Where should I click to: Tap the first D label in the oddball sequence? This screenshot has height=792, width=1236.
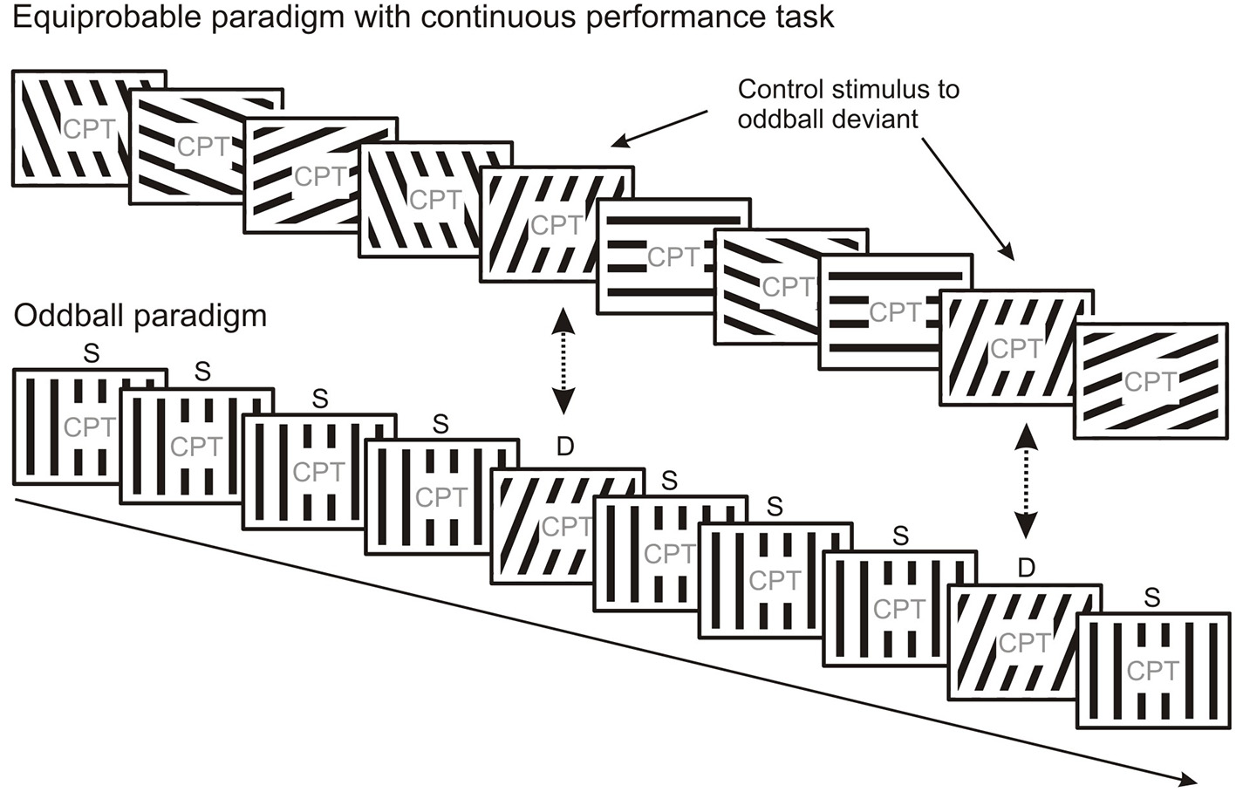pyautogui.click(x=565, y=447)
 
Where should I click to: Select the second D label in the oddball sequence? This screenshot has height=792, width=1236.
pyautogui.click(x=1027, y=569)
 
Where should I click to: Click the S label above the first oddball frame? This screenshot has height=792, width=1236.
pyautogui.click(x=91, y=353)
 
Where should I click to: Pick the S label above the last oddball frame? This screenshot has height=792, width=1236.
pyautogui.click(x=1152, y=597)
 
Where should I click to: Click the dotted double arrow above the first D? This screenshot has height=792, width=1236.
pyautogui.click(x=563, y=360)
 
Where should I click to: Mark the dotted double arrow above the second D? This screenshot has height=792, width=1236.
pyautogui.click(x=1027, y=481)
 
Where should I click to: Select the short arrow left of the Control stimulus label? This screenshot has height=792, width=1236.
pyautogui.click(x=659, y=127)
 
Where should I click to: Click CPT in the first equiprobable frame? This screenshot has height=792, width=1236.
pyautogui.click(x=89, y=129)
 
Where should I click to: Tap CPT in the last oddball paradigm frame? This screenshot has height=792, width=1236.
pyautogui.click(x=1152, y=671)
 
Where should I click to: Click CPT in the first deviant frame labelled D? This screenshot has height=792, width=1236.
pyautogui.click(x=566, y=526)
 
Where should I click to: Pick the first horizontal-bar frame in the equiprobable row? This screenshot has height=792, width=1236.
pyautogui.click(x=673, y=256)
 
